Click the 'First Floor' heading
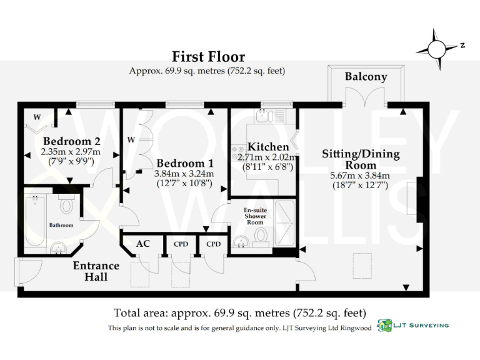tap(208, 57)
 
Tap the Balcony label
tap(366, 77)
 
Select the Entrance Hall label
tap(96, 271)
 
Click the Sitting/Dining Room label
tap(361, 159)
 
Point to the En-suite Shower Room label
tap(254, 216)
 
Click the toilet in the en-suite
tap(261, 235)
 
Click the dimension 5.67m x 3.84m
tap(360, 176)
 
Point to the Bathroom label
tap(61, 225)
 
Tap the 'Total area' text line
tap(239, 312)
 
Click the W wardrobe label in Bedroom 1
tap(131, 139)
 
